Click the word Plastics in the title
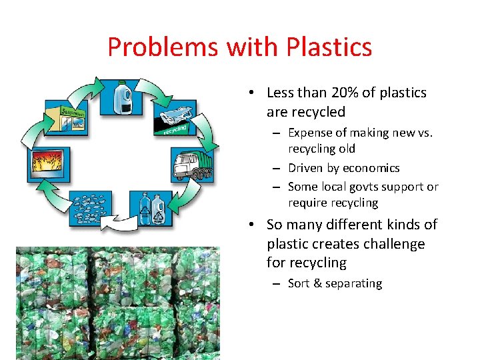[329, 47]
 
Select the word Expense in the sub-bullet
[310, 133]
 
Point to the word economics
[371, 168]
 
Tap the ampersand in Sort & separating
[317, 283]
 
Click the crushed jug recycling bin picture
[175, 120]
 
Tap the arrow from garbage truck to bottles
[195, 199]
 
